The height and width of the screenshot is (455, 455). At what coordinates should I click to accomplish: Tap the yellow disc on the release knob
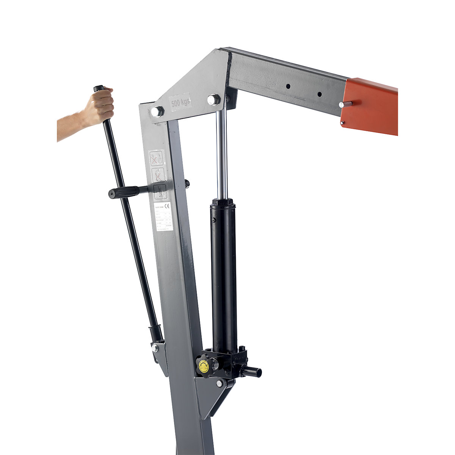click(x=204, y=366)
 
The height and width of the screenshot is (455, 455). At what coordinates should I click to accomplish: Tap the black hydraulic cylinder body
click(x=224, y=273)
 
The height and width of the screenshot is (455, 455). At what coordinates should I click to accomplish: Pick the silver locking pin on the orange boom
click(x=346, y=104)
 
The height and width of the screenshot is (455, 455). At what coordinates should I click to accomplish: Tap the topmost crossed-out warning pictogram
click(x=156, y=158)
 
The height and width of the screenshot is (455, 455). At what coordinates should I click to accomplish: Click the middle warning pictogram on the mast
click(x=158, y=175)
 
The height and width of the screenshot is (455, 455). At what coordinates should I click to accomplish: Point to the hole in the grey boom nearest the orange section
click(x=319, y=94)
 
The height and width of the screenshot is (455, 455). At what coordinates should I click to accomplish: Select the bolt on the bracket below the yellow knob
click(x=219, y=384)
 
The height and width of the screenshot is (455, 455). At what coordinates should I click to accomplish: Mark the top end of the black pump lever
click(x=99, y=88)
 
